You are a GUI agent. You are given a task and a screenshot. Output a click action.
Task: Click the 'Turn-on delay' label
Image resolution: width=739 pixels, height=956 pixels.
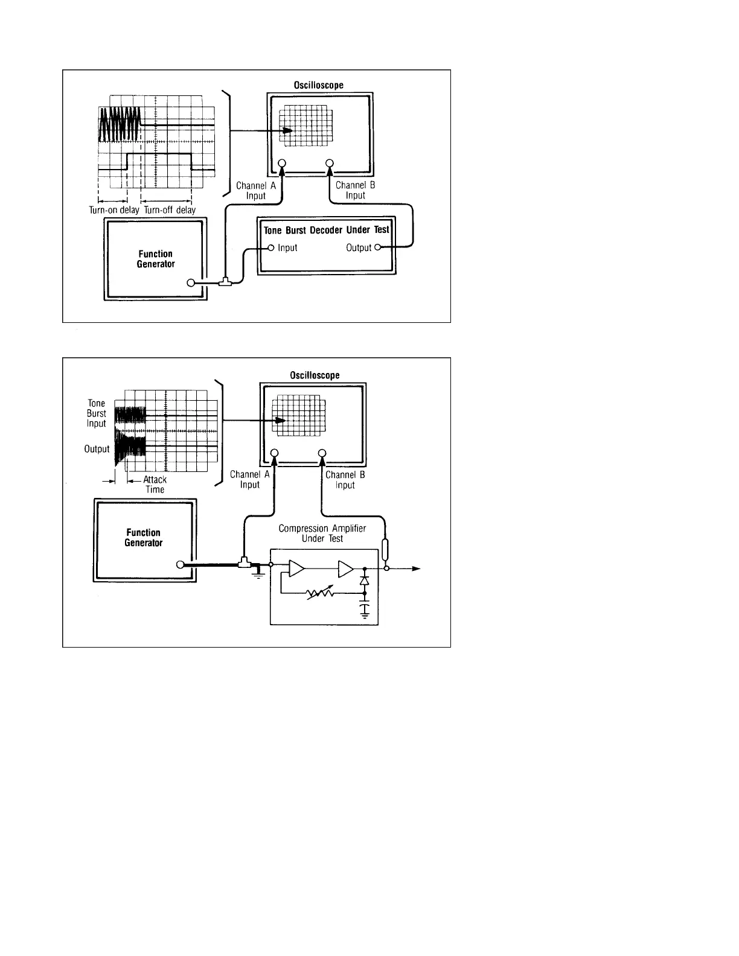(114, 210)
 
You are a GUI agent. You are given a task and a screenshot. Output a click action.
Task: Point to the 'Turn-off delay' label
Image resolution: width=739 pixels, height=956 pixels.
(170, 210)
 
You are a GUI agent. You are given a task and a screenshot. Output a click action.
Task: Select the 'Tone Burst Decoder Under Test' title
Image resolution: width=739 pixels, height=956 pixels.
(327, 230)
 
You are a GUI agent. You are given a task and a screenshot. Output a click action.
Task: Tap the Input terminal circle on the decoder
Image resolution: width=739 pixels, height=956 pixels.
(271, 247)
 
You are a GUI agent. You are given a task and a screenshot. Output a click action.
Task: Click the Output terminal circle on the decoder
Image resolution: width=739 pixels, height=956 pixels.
(378, 247)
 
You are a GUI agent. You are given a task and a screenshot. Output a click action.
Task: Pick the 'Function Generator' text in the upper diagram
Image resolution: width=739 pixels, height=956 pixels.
(156, 259)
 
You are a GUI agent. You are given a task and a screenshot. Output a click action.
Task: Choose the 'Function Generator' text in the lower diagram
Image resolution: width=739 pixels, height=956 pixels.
(144, 538)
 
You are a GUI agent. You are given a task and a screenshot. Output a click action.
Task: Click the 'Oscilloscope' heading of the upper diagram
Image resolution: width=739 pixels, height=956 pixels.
(319, 85)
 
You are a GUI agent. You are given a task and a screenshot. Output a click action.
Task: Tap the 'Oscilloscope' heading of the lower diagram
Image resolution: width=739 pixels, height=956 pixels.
(315, 375)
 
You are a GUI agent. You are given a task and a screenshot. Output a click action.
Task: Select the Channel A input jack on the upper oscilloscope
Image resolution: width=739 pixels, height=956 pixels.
(281, 163)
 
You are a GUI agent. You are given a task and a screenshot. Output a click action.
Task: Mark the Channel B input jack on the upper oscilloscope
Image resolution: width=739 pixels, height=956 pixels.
(330, 163)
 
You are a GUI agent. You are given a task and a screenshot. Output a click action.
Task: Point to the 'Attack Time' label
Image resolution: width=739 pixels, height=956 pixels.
(155, 485)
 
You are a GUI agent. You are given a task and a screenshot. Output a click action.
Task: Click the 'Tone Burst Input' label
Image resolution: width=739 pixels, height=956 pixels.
(97, 413)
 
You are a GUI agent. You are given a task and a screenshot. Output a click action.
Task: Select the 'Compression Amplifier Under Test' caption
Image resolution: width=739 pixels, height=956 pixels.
(322, 533)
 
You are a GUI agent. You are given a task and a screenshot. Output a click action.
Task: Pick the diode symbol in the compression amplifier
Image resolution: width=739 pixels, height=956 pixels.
(364, 580)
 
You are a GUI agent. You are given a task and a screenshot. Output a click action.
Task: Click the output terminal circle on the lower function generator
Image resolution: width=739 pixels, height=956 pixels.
(179, 565)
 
